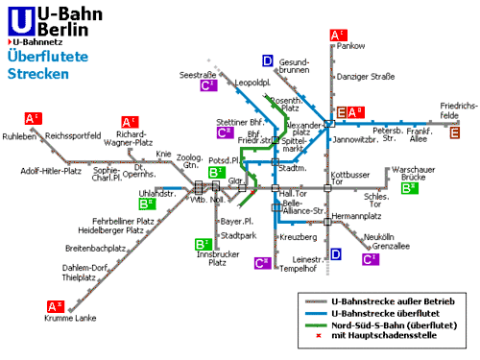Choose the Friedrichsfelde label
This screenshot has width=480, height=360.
(459, 110)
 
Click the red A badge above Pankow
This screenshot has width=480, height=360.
(337, 36)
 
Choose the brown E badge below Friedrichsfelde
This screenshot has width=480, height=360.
(455, 132)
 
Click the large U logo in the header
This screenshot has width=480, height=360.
(19, 20)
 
